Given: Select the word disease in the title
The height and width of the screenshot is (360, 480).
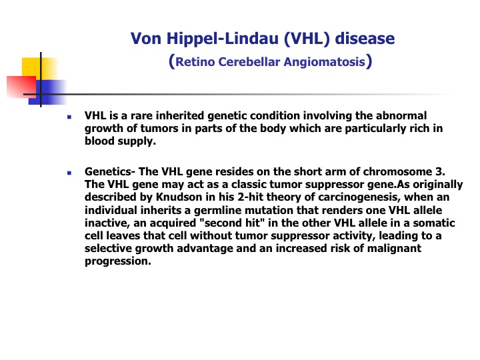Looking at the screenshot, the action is coord(365,39).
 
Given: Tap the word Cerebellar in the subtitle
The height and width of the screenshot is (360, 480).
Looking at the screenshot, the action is coord(249,61).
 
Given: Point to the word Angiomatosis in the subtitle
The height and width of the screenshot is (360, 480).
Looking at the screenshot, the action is coord(325,62).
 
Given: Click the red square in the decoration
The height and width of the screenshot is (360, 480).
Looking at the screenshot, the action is coord(21,87).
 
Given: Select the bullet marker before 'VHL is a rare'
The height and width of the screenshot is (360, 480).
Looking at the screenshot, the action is coord(69,117).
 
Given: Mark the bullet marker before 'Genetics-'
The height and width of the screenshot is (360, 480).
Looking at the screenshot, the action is coord(69,173).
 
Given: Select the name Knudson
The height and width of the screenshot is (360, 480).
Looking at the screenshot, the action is coord(179,197).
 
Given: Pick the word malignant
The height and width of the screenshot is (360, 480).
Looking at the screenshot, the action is coord(394,248).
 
